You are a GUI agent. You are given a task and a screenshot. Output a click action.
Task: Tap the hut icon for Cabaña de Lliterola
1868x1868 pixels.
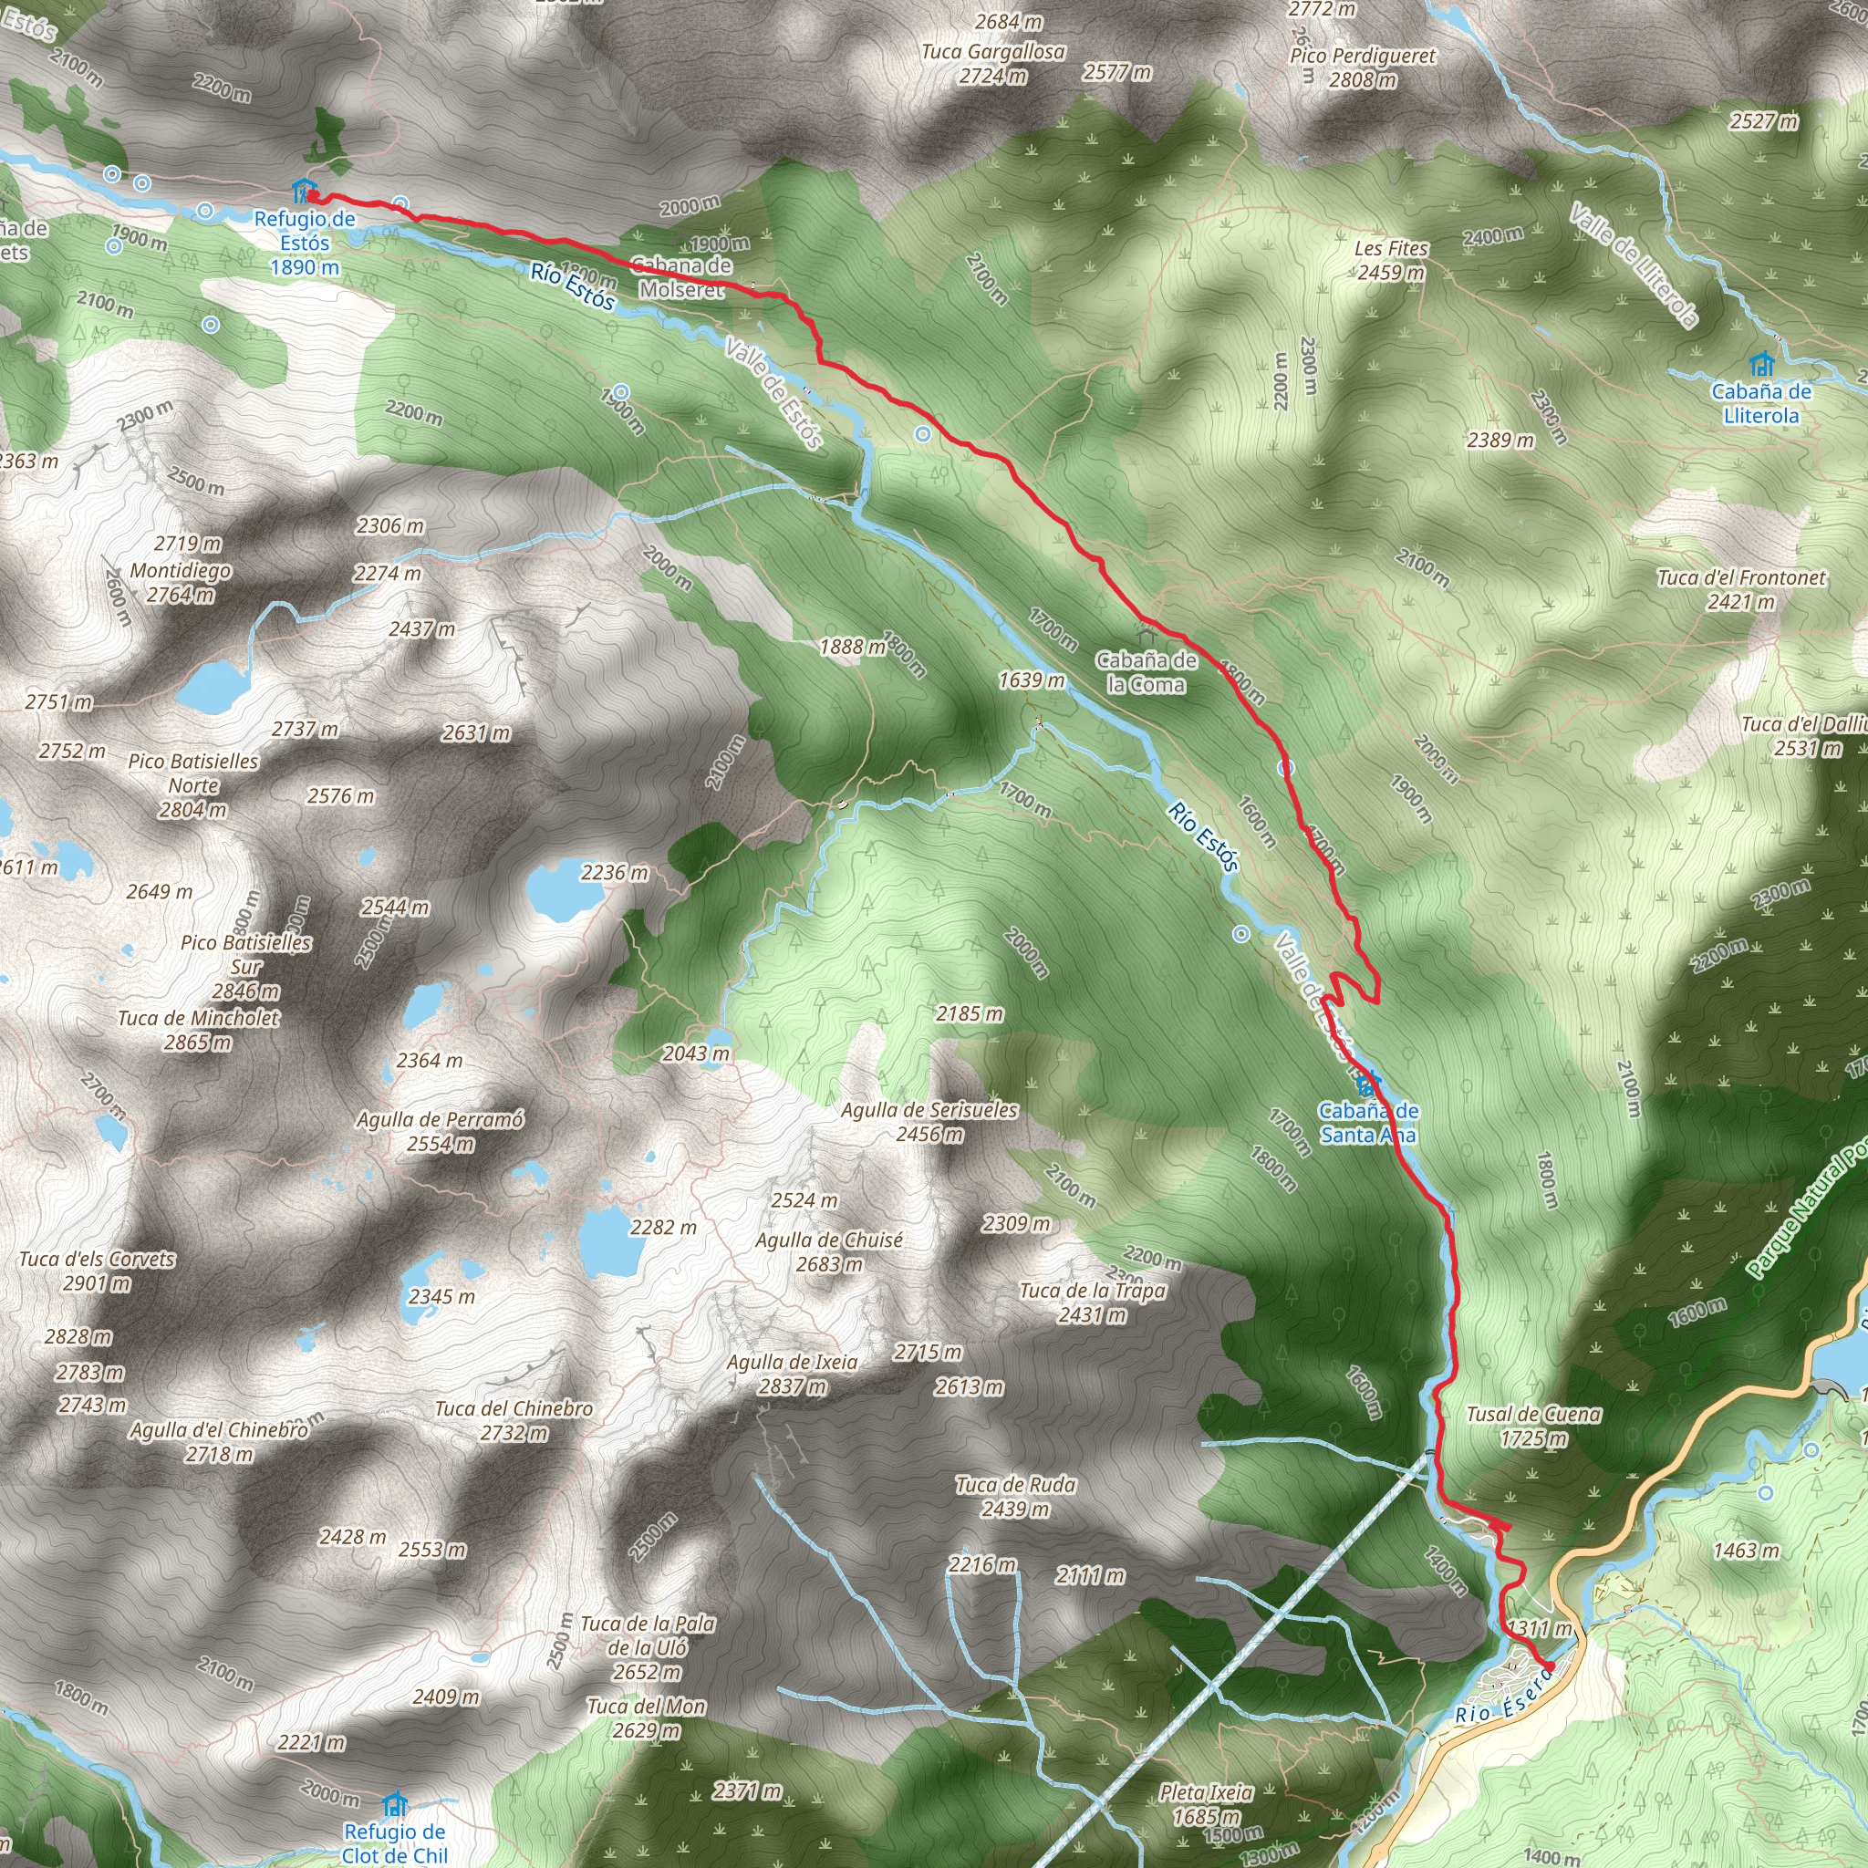[x=1761, y=366]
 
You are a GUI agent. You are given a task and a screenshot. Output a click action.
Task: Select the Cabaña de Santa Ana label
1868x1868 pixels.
[x=1368, y=1123]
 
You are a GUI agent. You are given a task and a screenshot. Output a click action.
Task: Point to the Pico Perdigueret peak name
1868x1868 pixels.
[x=1363, y=56]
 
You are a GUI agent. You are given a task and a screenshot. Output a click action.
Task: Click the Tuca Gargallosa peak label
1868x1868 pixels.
[x=993, y=52]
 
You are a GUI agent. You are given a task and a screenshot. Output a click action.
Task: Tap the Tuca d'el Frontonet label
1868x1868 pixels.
[x=1741, y=578]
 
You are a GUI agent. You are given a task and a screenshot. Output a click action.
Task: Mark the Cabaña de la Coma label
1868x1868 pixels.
[x=1146, y=672]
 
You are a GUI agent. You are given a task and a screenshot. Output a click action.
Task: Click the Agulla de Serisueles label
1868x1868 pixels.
[x=929, y=1110]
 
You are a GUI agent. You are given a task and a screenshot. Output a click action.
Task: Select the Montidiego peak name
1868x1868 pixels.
[x=181, y=570]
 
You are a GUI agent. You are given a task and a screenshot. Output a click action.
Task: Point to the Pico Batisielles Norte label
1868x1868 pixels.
[x=193, y=773]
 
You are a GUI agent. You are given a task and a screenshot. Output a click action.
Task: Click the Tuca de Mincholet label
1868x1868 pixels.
[x=198, y=1018]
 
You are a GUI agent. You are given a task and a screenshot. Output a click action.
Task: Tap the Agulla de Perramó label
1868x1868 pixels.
[x=440, y=1120]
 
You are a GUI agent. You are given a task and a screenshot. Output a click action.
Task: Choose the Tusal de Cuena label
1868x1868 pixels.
[x=1533, y=1415]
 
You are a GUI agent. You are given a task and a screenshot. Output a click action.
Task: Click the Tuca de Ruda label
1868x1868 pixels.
[x=1015, y=1484]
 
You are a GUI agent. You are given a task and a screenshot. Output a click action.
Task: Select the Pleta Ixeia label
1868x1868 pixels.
[x=1206, y=1792]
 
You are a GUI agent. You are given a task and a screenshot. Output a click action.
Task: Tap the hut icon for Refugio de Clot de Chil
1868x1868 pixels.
[x=394, y=1805]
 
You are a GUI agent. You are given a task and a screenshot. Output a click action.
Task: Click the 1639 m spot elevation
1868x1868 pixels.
[x=1032, y=680]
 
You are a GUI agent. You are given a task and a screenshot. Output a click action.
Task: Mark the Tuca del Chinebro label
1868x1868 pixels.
[x=514, y=1408]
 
